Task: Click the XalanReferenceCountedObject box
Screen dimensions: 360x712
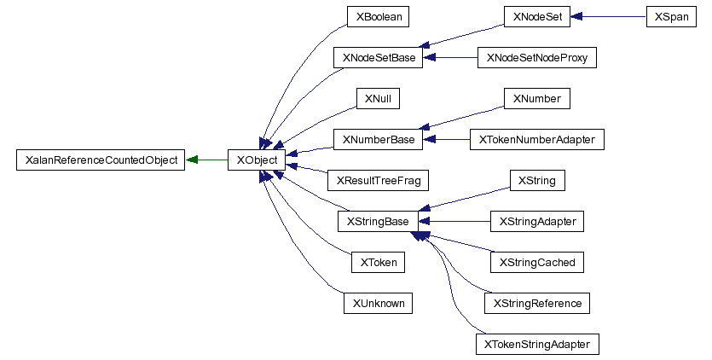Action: (x=101, y=160)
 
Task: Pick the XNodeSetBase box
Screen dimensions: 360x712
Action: (x=378, y=58)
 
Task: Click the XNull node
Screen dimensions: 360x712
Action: (x=378, y=99)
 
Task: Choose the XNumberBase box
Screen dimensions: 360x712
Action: (x=378, y=139)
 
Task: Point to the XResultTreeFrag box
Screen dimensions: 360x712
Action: (x=378, y=180)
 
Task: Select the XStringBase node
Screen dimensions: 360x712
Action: (x=378, y=222)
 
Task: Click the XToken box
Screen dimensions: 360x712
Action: (x=378, y=263)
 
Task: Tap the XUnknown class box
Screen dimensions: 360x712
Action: (x=378, y=304)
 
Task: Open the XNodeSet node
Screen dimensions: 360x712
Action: (x=536, y=16)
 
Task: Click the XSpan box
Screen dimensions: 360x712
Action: (x=672, y=16)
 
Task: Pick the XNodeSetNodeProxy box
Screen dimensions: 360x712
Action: (x=536, y=58)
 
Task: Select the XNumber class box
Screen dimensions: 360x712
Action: (x=536, y=99)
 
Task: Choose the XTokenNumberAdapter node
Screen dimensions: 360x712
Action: (x=536, y=139)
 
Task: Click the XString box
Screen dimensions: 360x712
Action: (x=536, y=180)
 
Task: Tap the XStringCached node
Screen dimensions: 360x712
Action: (x=536, y=263)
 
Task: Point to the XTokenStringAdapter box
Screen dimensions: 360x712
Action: (x=536, y=345)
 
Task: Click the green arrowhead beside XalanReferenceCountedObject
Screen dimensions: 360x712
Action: (x=193, y=160)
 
